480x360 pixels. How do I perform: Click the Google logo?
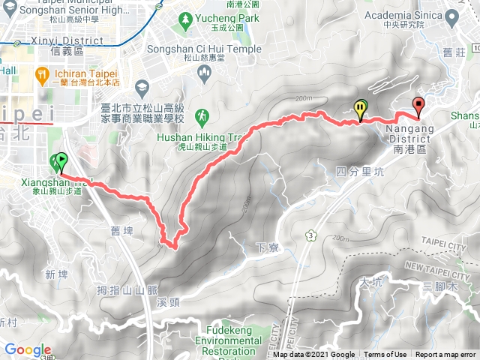tap(28, 349)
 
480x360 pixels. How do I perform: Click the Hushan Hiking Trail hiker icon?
tap(202, 115)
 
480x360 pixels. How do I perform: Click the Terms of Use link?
tap(385, 355)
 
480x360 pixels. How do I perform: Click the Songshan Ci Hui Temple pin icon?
tap(205, 72)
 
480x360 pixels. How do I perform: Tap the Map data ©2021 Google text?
tap(314, 355)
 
